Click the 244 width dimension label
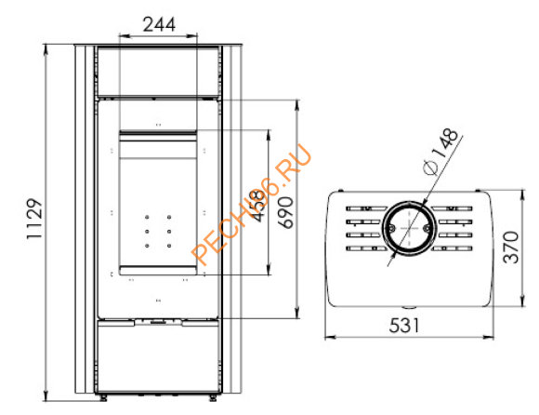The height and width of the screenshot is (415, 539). tap(159, 24)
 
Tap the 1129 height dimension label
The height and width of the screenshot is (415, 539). tap(34, 219)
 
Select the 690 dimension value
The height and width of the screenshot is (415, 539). tap(285, 212)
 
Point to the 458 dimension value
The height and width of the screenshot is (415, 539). tap(259, 206)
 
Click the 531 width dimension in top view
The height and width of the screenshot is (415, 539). tap(404, 325)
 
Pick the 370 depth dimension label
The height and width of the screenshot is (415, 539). tap(511, 248)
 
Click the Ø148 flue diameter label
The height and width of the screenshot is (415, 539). tap(441, 152)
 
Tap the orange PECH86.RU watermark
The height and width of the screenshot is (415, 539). tap(252, 205)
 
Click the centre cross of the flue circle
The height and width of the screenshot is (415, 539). tap(409, 228)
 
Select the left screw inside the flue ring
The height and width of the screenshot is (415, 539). tap(391, 227)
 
